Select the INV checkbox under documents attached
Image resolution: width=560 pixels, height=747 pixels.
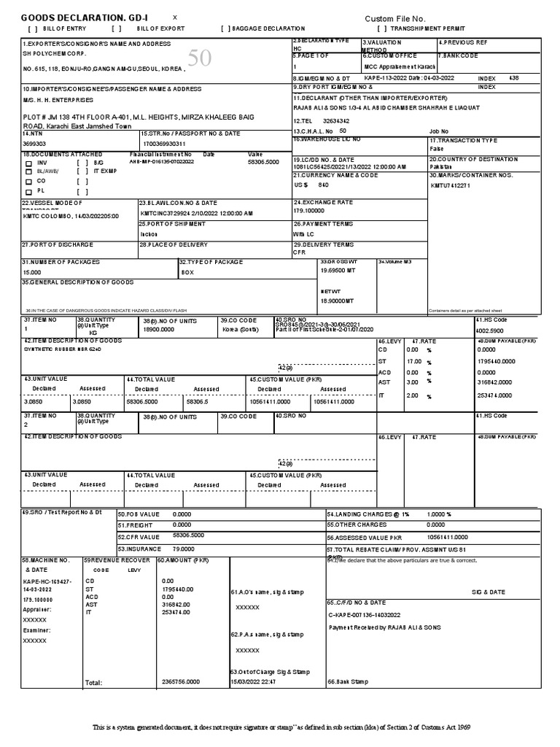(29, 163)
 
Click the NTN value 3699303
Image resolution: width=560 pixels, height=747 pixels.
(34, 144)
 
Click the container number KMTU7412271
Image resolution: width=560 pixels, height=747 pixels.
(451, 185)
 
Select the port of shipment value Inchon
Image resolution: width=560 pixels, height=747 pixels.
(149, 233)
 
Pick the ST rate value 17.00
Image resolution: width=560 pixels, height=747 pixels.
(413, 361)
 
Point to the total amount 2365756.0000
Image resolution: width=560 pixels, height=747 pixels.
(180, 682)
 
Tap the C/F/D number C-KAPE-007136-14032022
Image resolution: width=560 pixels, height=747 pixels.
(362, 615)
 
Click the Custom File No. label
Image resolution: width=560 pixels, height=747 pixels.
(394, 18)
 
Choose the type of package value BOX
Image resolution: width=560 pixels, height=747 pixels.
(187, 272)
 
